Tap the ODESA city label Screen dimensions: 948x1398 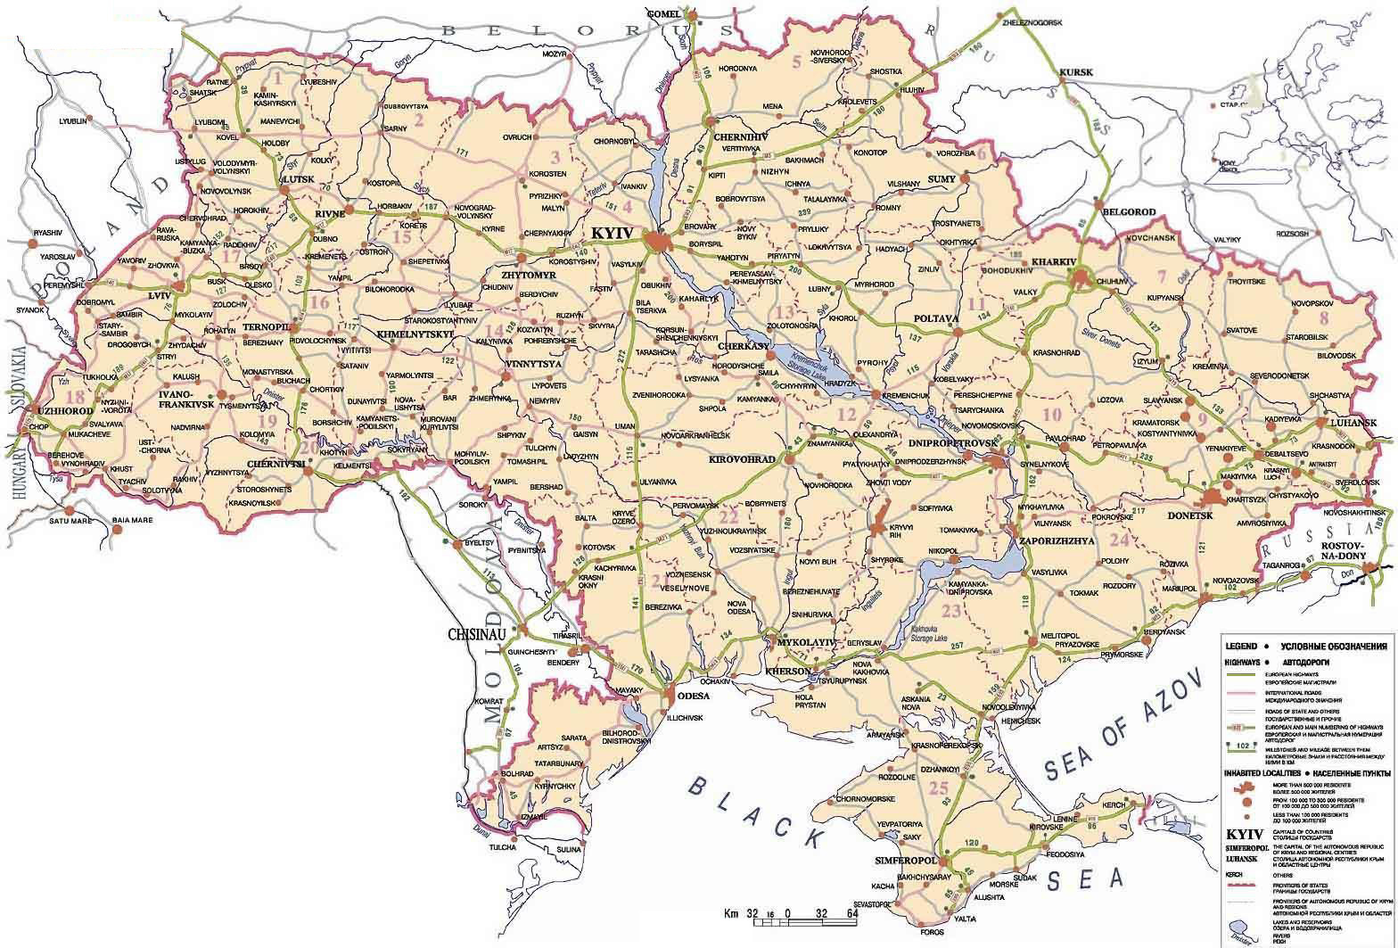[693, 696]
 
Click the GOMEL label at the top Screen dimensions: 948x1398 [665, 14]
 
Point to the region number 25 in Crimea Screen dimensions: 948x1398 [937, 787]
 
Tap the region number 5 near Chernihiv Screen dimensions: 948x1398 [796, 62]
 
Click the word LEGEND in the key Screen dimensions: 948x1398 [1240, 645]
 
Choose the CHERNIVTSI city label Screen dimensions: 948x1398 [271, 464]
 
